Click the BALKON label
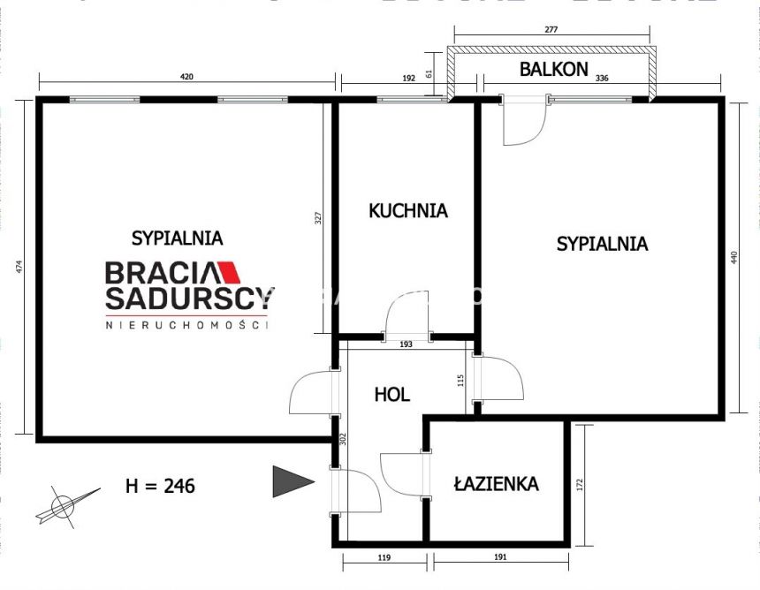[x=553, y=70]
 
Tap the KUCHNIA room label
[x=407, y=211]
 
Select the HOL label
[x=391, y=394]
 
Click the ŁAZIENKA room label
[x=496, y=483]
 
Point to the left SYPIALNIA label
[x=177, y=238]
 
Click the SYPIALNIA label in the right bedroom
[x=602, y=244]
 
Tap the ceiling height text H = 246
[x=160, y=485]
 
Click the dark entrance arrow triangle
[x=290, y=481]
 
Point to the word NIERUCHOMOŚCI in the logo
[x=186, y=325]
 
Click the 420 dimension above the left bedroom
[x=186, y=78]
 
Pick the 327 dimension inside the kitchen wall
[x=319, y=217]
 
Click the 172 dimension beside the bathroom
[x=580, y=484]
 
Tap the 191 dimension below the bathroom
[x=499, y=558]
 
